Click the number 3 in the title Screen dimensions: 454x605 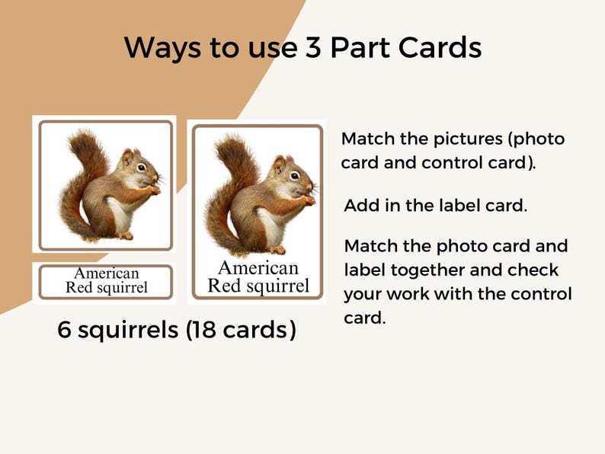310,48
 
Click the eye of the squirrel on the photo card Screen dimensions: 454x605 142,166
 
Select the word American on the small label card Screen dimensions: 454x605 106,273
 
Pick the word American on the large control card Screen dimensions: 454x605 258,267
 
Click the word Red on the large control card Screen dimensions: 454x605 224,286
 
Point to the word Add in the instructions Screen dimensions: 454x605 362,206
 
